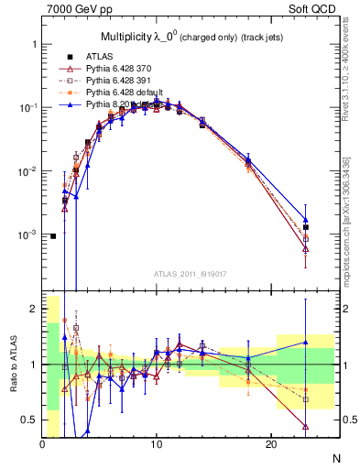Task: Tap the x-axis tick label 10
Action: (x=157, y=444)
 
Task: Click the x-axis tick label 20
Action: (x=270, y=444)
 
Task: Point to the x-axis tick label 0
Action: (x=42, y=444)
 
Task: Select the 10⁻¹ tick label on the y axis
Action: (x=27, y=108)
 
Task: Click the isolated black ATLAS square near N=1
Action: (x=53, y=236)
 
